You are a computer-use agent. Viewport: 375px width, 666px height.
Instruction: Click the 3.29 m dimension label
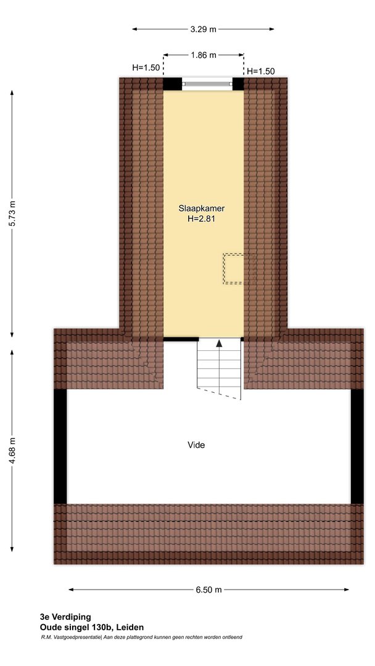pyautogui.click(x=203, y=30)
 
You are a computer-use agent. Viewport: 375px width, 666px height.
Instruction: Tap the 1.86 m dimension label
pyautogui.click(x=204, y=55)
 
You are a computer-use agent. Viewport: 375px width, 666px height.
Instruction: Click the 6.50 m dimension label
pyautogui.click(x=208, y=590)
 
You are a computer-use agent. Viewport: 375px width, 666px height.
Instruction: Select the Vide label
pyautogui.click(x=196, y=445)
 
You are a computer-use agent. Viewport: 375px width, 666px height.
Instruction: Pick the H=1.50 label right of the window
pyautogui.click(x=261, y=72)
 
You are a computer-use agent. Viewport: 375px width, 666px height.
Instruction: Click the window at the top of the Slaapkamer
pyautogui.click(x=207, y=84)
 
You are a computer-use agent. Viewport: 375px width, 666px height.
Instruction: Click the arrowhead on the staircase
pyautogui.click(x=219, y=343)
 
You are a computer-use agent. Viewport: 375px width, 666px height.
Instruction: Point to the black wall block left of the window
pyautogui.click(x=173, y=84)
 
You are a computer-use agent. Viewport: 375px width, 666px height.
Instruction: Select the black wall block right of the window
pyautogui.click(x=238, y=84)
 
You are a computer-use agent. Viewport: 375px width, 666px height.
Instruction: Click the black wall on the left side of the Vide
pyautogui.click(x=60, y=446)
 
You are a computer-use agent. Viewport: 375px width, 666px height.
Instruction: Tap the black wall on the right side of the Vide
pyautogui.click(x=357, y=446)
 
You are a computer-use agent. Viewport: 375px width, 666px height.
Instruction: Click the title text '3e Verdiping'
pyautogui.click(x=65, y=617)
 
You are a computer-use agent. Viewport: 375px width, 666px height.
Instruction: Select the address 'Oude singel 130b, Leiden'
pyautogui.click(x=92, y=627)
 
